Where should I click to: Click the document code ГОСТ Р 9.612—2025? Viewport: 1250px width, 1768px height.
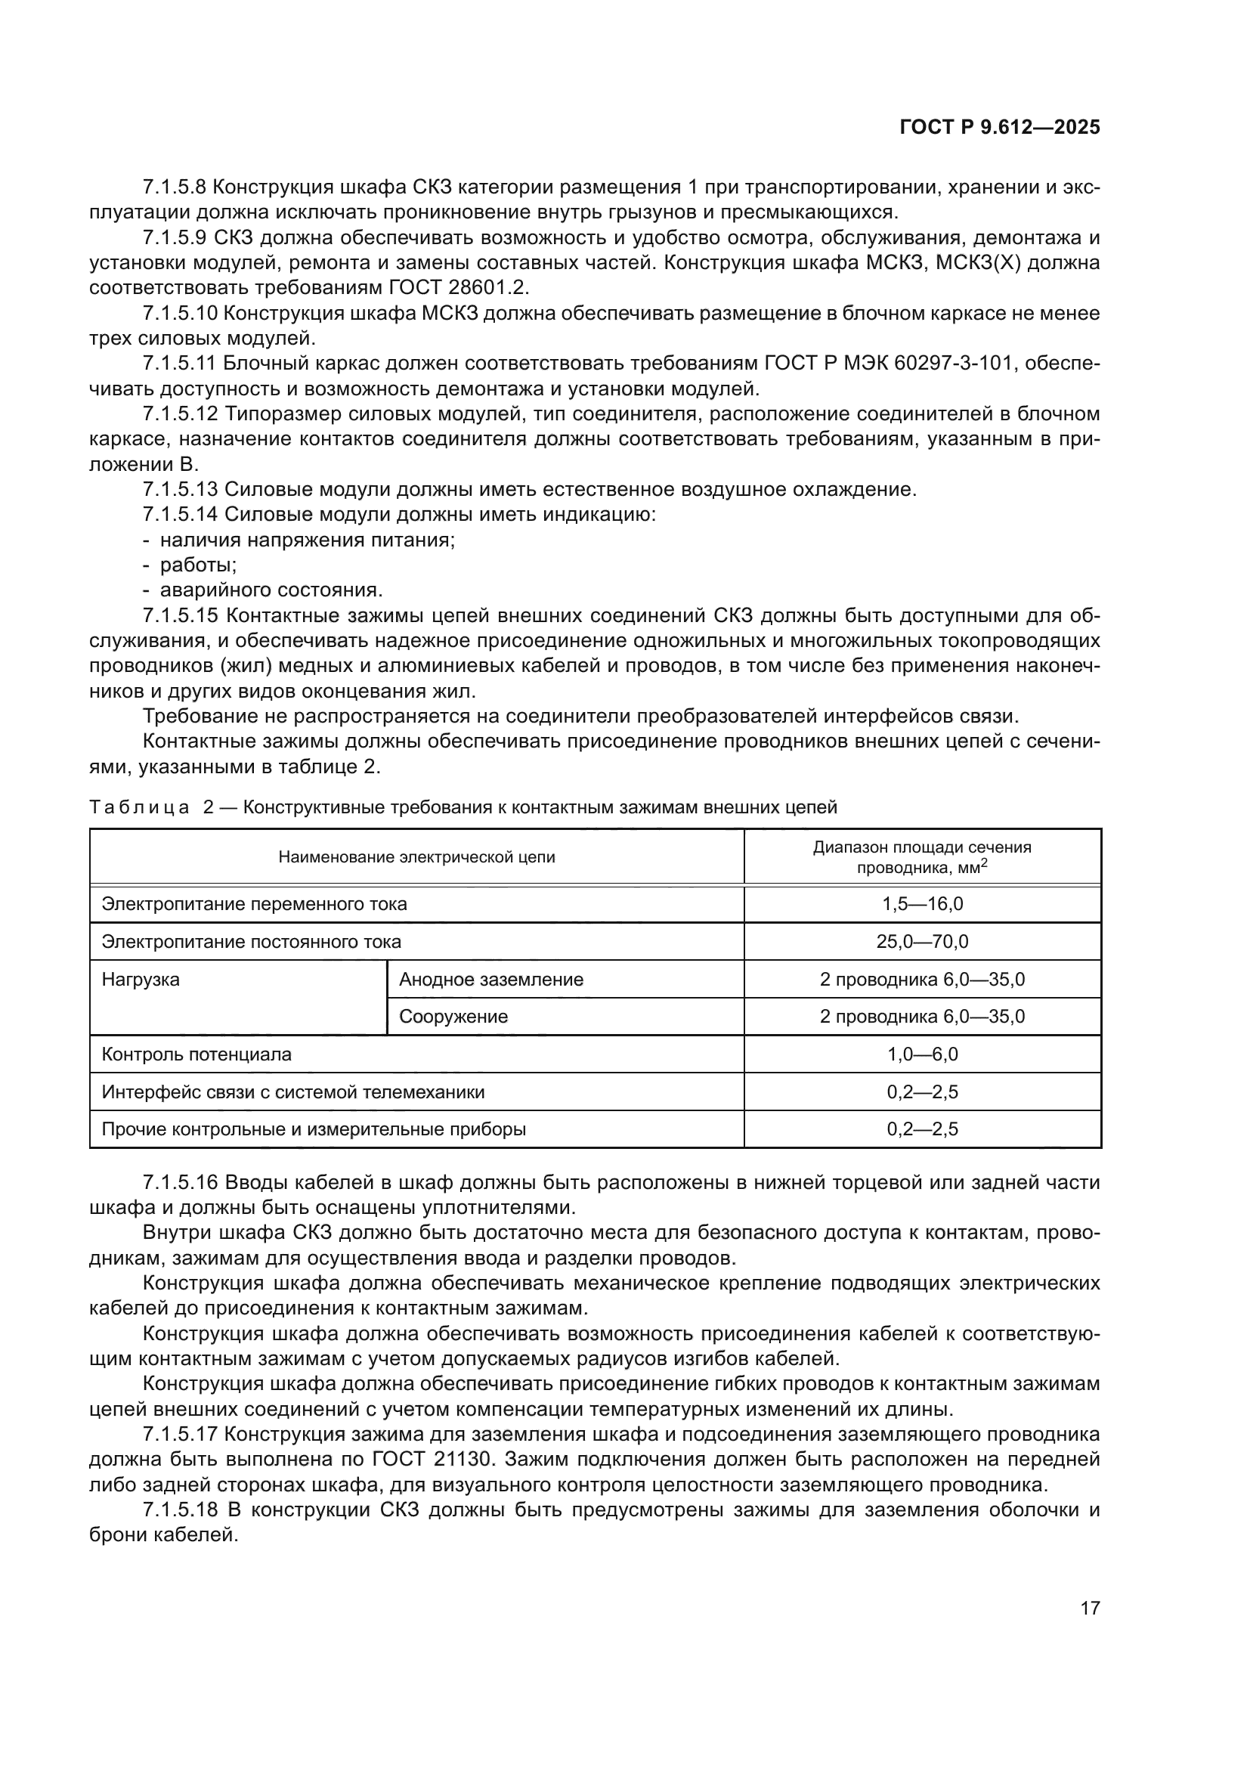(x=999, y=128)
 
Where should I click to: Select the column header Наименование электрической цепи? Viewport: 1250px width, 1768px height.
(x=416, y=857)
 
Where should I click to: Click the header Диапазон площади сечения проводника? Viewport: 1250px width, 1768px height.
(x=922, y=857)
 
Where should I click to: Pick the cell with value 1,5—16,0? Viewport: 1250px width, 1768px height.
(x=922, y=904)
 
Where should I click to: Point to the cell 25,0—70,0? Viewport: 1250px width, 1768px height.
(x=922, y=942)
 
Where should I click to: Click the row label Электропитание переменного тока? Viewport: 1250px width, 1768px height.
(x=254, y=904)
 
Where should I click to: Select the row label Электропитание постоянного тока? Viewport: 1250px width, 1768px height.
(x=252, y=942)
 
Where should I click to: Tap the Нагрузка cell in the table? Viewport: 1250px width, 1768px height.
(x=141, y=980)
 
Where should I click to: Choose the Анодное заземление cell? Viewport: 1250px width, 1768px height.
(x=491, y=980)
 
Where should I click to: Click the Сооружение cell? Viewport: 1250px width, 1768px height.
(x=453, y=1017)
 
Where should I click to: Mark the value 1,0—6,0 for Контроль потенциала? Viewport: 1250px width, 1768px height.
(x=922, y=1054)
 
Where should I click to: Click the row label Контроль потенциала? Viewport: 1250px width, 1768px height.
(x=196, y=1054)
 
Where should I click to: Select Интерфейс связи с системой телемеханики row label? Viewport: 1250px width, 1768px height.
(x=293, y=1092)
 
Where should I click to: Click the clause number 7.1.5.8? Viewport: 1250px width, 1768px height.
(x=174, y=187)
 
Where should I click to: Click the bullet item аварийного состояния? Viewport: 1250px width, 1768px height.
(x=271, y=590)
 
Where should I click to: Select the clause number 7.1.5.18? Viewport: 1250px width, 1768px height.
(x=181, y=1509)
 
